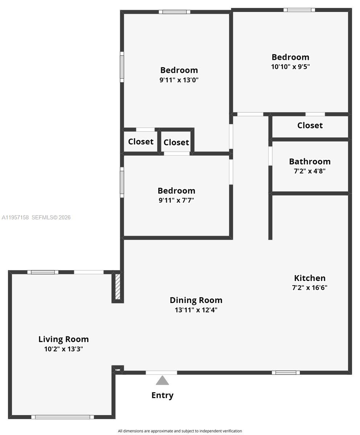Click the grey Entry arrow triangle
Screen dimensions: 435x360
coord(162,381)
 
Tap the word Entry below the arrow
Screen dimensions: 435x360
coord(162,395)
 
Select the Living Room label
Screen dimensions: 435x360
coord(64,339)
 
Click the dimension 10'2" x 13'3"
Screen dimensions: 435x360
coord(64,349)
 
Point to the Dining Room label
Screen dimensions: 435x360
coord(196,300)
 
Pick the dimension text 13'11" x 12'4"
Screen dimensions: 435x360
coord(196,310)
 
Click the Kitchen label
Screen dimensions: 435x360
coord(310,278)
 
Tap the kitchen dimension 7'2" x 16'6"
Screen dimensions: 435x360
coord(310,288)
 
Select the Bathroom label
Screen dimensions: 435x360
coord(310,161)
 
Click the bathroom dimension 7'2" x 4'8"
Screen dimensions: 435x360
coord(310,171)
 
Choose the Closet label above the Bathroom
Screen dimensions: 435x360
coord(310,125)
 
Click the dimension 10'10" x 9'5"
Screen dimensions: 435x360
coord(290,67)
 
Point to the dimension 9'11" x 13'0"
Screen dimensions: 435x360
coord(179,80)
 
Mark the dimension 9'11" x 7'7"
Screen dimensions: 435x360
coord(176,200)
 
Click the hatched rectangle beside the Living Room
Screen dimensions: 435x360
coord(118,286)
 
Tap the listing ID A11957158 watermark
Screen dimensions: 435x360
coord(15,217)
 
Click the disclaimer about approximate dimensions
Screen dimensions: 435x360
coord(180,431)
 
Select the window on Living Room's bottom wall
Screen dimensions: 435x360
coord(62,417)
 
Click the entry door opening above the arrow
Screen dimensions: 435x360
coord(161,373)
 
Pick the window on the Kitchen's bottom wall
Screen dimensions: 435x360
coord(286,372)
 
